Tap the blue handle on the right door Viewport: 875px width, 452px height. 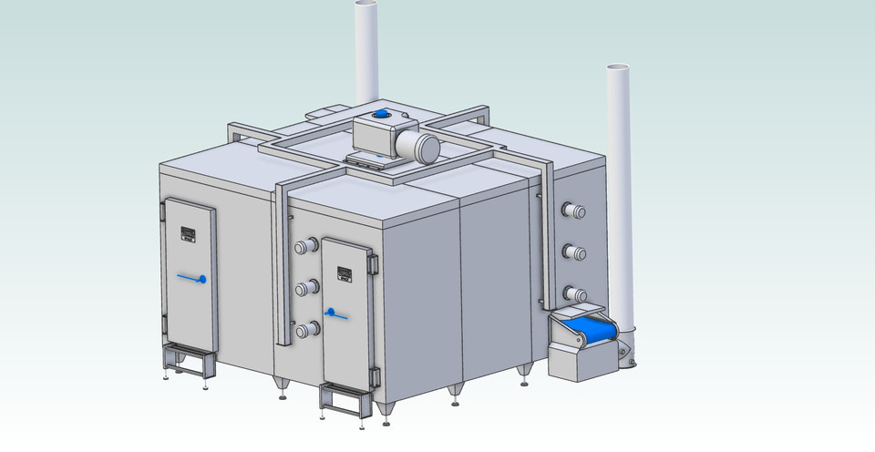click(x=335, y=314)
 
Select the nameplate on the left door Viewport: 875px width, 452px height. click(x=189, y=233)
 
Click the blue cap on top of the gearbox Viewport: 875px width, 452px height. click(x=382, y=115)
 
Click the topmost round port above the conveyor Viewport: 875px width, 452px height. click(x=574, y=211)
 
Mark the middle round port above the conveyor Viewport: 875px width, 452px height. click(x=574, y=252)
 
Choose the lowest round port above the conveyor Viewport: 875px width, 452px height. click(x=575, y=293)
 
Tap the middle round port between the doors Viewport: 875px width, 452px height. click(x=305, y=289)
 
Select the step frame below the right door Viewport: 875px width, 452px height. click(x=344, y=401)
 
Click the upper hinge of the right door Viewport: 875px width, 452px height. click(x=372, y=263)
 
